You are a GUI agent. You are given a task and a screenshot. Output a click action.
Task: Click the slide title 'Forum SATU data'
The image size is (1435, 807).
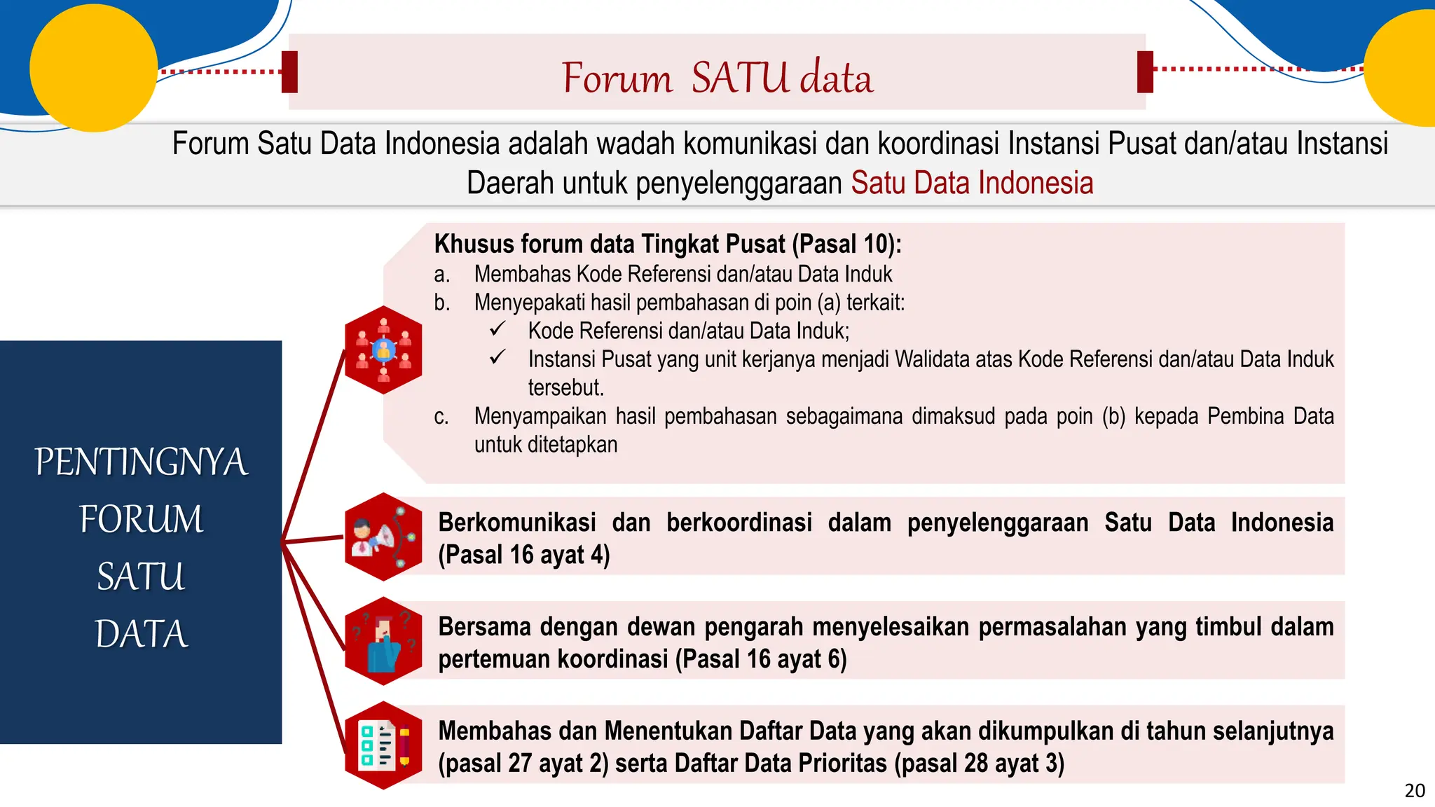point(717,77)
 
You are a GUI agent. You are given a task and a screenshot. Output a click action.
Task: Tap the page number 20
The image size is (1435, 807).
point(1415,791)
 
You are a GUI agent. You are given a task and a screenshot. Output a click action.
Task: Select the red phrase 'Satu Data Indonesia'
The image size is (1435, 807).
point(972,183)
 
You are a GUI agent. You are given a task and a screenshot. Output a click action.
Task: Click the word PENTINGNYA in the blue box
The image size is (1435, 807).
point(142,462)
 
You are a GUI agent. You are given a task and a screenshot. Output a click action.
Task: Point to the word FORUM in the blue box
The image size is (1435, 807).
point(142,520)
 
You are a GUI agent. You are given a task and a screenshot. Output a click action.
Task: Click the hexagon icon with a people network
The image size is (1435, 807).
point(383,350)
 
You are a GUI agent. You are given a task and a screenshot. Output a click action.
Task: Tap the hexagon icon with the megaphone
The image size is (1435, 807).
point(383,537)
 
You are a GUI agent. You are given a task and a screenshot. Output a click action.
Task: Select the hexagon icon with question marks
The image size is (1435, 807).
point(383,641)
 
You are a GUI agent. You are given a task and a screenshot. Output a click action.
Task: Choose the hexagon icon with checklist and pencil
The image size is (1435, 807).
point(383,745)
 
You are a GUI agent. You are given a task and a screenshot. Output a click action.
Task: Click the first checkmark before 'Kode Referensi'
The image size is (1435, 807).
point(497,329)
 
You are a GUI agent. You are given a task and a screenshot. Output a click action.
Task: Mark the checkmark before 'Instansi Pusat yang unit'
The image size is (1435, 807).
point(497,357)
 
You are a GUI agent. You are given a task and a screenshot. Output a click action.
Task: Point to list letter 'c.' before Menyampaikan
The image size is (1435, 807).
point(441,417)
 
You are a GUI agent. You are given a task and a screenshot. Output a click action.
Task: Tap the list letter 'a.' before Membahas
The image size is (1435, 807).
point(441,274)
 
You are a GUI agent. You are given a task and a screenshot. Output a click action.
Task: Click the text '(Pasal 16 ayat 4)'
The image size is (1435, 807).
point(524,555)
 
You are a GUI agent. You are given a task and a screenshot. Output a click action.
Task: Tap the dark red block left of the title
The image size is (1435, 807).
point(289,71)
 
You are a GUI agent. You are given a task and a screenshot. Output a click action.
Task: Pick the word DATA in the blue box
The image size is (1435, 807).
point(142,635)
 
